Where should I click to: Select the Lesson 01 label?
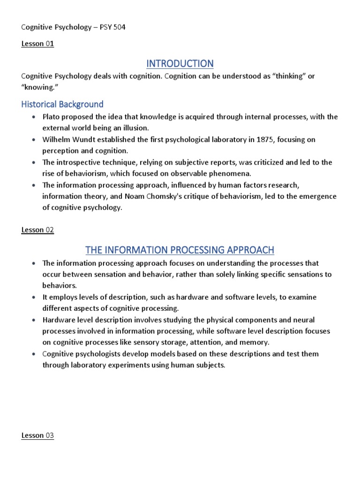[x=38, y=45]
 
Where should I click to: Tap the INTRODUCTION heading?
[x=180, y=63]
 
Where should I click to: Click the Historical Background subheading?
[x=62, y=104]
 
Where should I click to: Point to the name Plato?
[x=52, y=117]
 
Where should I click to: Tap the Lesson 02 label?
[x=38, y=230]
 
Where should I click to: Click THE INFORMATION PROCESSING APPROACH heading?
[x=180, y=250]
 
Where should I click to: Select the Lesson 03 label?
[x=38, y=435]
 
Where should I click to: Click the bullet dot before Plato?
[x=33, y=117]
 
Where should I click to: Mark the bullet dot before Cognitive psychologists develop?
[x=33, y=354]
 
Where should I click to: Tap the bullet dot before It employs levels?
[x=33, y=297]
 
